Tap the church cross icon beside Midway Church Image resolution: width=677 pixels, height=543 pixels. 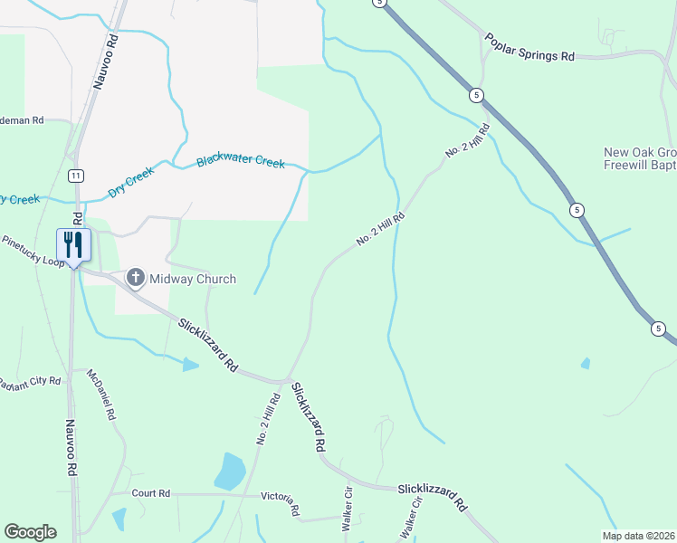click(136, 278)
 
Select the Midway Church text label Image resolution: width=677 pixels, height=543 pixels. click(193, 279)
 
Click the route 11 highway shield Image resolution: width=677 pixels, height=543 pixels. click(77, 174)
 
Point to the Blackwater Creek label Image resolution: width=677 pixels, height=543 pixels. click(241, 162)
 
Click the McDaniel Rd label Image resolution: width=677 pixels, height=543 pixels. click(101, 394)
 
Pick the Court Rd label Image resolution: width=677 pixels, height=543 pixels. click(150, 493)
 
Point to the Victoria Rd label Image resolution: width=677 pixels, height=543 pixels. click(280, 502)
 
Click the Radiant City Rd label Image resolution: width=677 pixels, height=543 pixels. click(29, 382)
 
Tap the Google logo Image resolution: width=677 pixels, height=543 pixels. click(30, 532)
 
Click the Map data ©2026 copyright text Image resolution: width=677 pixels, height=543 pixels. click(639, 536)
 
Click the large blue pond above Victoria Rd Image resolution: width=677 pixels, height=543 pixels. click(230, 471)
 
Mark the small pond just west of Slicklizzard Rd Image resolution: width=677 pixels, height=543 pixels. click(189, 365)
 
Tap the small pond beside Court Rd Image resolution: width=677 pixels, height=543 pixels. click(119, 519)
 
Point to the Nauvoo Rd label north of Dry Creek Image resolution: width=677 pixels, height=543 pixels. click(106, 61)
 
